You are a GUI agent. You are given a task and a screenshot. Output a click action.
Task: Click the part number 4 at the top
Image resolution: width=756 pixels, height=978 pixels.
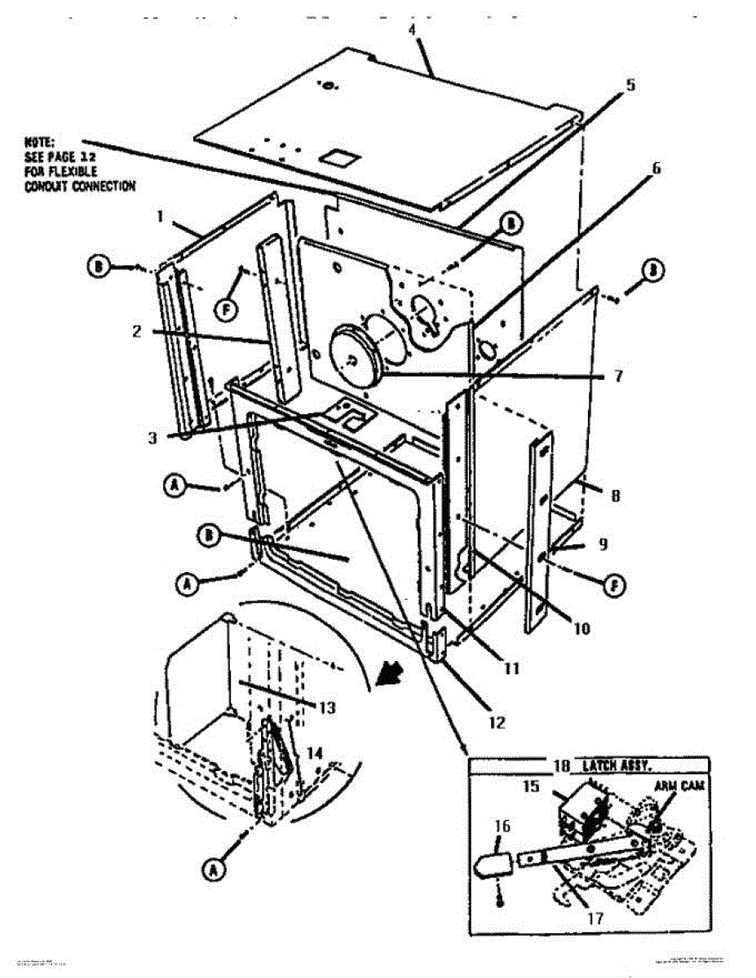tap(413, 30)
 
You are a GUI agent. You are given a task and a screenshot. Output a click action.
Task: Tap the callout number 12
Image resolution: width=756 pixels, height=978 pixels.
tap(497, 721)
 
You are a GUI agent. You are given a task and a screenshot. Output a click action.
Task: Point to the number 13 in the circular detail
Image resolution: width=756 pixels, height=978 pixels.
tap(325, 708)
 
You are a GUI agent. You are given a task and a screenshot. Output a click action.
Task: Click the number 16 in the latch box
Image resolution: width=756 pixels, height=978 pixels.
tap(502, 826)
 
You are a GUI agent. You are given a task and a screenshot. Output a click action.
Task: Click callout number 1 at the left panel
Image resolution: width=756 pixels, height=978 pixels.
tap(161, 218)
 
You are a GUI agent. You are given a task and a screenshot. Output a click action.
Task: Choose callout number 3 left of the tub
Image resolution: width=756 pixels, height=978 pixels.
tap(153, 437)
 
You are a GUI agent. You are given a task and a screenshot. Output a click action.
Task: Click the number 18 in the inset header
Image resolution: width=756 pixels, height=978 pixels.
tap(561, 766)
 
